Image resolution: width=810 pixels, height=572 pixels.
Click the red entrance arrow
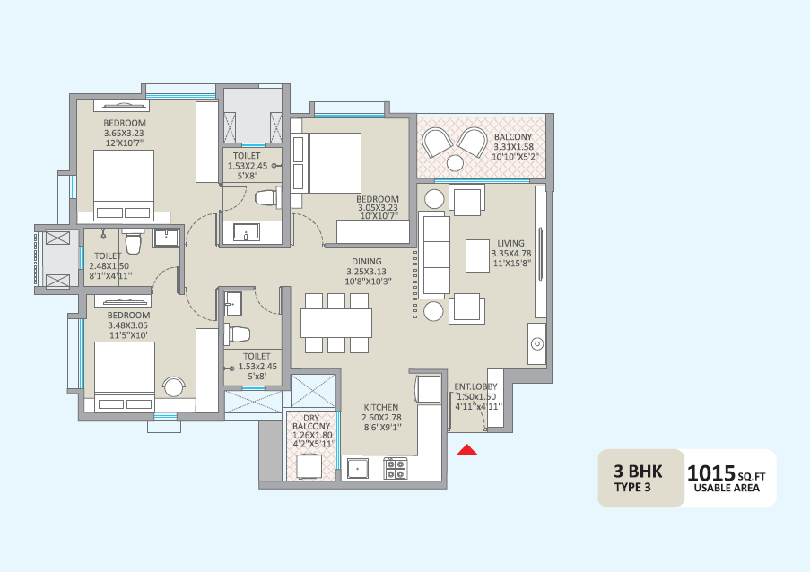(466, 449)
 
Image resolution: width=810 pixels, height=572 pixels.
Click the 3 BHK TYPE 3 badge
(639, 479)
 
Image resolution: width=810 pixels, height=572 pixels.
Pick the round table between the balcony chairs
(455, 163)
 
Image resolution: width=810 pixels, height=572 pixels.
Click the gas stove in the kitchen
(396, 468)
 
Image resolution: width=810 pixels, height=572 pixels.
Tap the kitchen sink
(358, 468)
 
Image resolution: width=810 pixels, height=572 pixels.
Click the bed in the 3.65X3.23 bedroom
(124, 184)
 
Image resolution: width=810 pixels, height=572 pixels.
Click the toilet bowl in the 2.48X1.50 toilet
(133, 243)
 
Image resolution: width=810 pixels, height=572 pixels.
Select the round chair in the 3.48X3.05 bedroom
(174, 386)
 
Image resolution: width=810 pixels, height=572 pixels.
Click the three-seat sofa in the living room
(435, 255)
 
